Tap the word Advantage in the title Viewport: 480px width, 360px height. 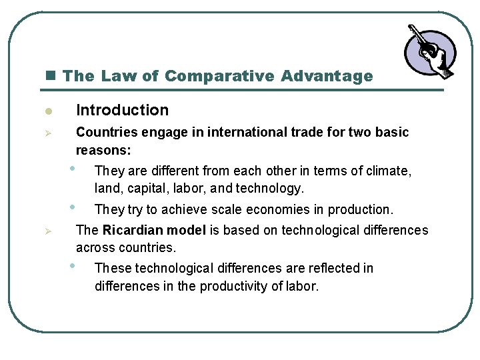click(327, 76)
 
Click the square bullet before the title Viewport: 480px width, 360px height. click(53, 76)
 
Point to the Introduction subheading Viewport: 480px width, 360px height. click(122, 110)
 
